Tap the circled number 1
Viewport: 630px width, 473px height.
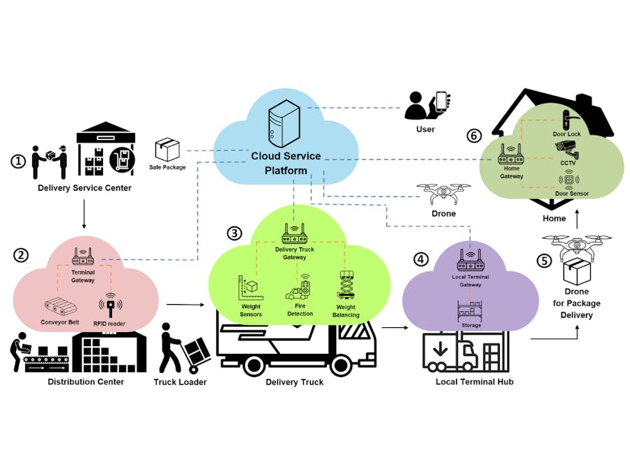(x=18, y=161)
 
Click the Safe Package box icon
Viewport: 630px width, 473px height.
(x=167, y=149)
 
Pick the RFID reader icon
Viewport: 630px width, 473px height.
(x=110, y=306)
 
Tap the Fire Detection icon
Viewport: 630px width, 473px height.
(x=300, y=289)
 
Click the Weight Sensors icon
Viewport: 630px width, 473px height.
(x=250, y=287)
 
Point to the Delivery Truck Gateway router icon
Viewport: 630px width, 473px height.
(x=295, y=231)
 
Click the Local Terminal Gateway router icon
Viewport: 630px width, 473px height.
(x=470, y=260)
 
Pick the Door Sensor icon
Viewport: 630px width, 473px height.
(x=568, y=179)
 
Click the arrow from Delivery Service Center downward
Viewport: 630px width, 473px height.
(x=84, y=214)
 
